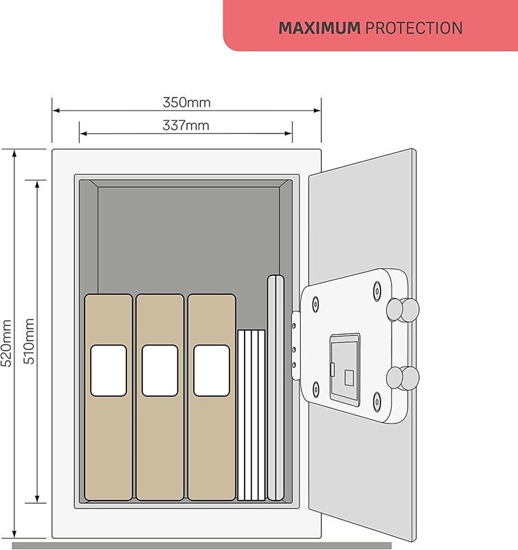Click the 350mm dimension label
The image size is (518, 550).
186,102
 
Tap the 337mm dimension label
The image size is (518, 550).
185,125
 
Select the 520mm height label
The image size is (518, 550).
6,343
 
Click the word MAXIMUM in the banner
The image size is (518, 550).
319,28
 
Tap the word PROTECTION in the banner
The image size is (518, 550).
414,28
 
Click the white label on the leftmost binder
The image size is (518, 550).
109,371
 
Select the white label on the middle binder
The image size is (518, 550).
160,371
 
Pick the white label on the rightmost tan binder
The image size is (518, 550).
212,371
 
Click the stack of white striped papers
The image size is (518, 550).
251,415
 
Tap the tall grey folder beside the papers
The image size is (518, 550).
275,387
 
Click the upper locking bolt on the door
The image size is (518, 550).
403,310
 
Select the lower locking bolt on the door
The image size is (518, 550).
403,377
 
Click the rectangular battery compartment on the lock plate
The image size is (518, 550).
345,369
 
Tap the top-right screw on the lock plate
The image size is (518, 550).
376,290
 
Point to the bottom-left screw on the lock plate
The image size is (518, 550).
316,388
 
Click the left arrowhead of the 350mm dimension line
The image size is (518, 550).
56,111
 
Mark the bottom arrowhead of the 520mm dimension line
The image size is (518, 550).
14,534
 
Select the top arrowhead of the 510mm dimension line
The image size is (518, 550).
37,184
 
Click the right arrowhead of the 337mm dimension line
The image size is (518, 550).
288,133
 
